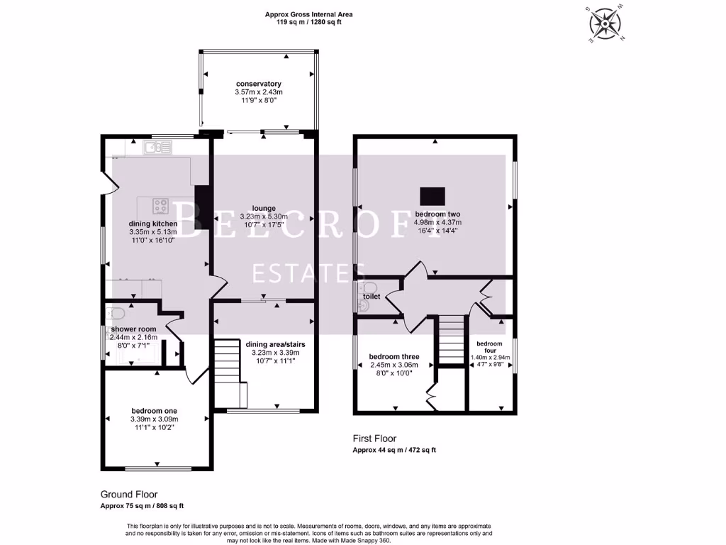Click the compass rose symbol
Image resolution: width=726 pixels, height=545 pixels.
[605, 24]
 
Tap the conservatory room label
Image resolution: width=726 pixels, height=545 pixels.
[259, 84]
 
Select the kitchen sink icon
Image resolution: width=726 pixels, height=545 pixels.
[157, 148]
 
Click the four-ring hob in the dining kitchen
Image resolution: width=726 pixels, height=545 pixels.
[161, 207]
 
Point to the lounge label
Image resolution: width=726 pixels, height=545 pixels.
[264, 209]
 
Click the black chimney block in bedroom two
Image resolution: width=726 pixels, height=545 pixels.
[432, 196]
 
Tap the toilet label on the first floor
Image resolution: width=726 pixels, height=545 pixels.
[372, 297]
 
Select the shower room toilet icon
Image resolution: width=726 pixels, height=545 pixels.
[115, 314]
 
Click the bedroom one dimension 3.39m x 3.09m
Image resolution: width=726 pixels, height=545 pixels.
[154, 419]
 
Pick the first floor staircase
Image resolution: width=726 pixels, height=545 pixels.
[451, 339]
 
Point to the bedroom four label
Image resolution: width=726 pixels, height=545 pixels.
[489, 346]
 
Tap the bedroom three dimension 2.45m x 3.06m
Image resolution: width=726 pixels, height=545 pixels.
[394, 365]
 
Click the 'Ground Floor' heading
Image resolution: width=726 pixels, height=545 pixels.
[129, 495]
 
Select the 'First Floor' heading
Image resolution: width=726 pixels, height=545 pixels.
[374, 439]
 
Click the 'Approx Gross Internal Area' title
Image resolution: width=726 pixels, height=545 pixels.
[309, 14]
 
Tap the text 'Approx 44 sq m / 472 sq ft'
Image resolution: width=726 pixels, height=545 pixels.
[394, 450]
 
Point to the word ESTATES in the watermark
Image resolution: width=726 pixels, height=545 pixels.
[308, 273]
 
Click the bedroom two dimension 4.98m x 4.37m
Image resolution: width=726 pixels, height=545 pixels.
[437, 222]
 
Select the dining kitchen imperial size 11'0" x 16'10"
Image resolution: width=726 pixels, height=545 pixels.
[153, 240]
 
